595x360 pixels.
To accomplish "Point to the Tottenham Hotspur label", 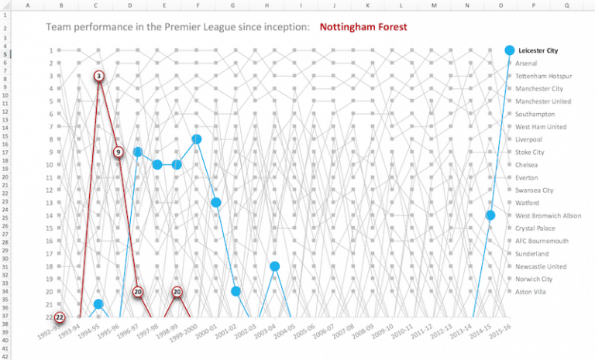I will tap(543, 76).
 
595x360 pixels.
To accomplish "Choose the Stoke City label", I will tap(530, 153).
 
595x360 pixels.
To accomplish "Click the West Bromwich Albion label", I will tap(548, 215).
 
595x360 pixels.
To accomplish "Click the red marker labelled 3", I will tap(99, 76).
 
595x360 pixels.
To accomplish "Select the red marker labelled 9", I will tap(119, 153).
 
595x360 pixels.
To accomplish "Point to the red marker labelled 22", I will tap(60, 317).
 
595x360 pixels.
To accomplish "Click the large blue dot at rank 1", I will tap(509, 50).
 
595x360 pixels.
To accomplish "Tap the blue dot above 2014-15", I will tap(490, 215).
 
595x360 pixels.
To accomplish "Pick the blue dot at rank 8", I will tap(197, 139).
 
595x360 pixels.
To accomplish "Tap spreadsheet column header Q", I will tap(567, 5).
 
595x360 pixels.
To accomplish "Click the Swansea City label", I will tap(535, 190).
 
